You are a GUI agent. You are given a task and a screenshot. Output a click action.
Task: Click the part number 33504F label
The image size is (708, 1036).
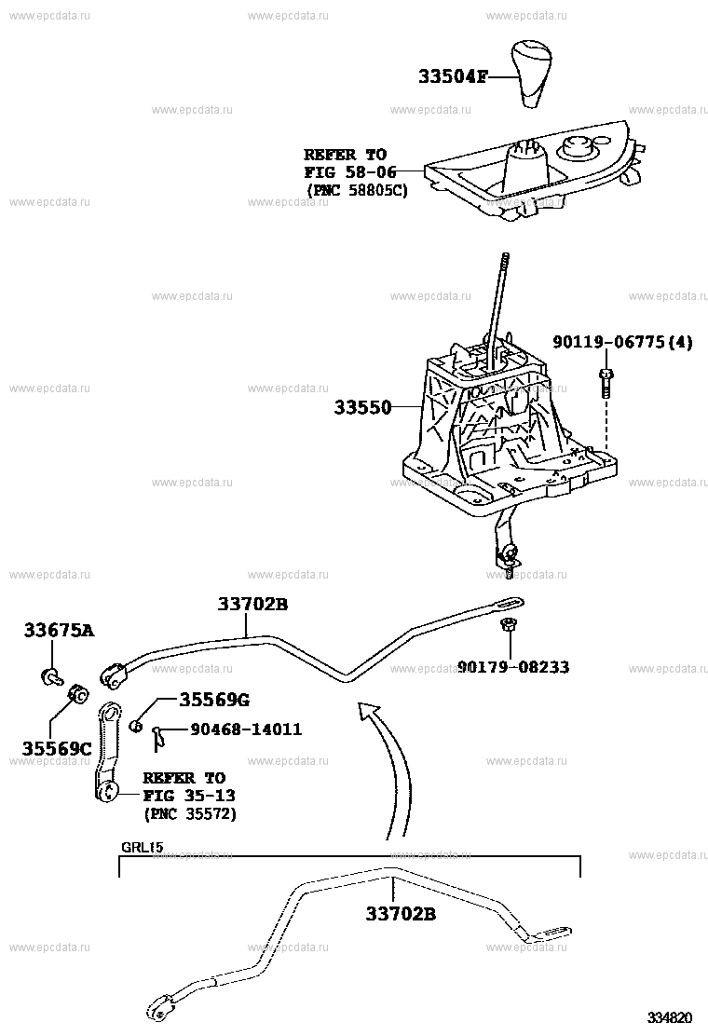(453, 76)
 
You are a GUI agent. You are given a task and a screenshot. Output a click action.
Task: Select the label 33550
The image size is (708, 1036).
(362, 407)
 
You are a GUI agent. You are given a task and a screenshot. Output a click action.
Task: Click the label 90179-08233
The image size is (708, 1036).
(513, 667)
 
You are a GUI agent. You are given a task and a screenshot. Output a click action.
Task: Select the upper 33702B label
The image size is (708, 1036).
(252, 603)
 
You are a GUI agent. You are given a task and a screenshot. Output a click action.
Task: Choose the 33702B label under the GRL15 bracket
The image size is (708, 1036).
(401, 914)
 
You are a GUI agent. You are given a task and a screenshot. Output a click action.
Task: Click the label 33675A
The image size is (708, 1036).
(59, 631)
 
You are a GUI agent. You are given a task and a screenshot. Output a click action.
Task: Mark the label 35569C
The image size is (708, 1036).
(57, 748)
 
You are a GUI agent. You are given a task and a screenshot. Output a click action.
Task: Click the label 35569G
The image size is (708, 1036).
(214, 699)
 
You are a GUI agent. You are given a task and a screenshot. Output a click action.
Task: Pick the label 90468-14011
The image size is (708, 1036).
(246, 729)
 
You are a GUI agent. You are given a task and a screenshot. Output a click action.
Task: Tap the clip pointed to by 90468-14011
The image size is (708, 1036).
(157, 736)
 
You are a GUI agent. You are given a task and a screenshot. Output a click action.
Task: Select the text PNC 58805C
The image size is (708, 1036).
(358, 190)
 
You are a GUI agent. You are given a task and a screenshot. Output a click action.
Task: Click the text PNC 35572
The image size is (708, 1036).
(189, 813)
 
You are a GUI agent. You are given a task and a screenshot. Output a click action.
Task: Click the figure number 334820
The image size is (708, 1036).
(669, 1017)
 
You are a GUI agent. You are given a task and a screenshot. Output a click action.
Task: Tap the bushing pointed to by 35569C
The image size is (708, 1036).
(78, 694)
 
